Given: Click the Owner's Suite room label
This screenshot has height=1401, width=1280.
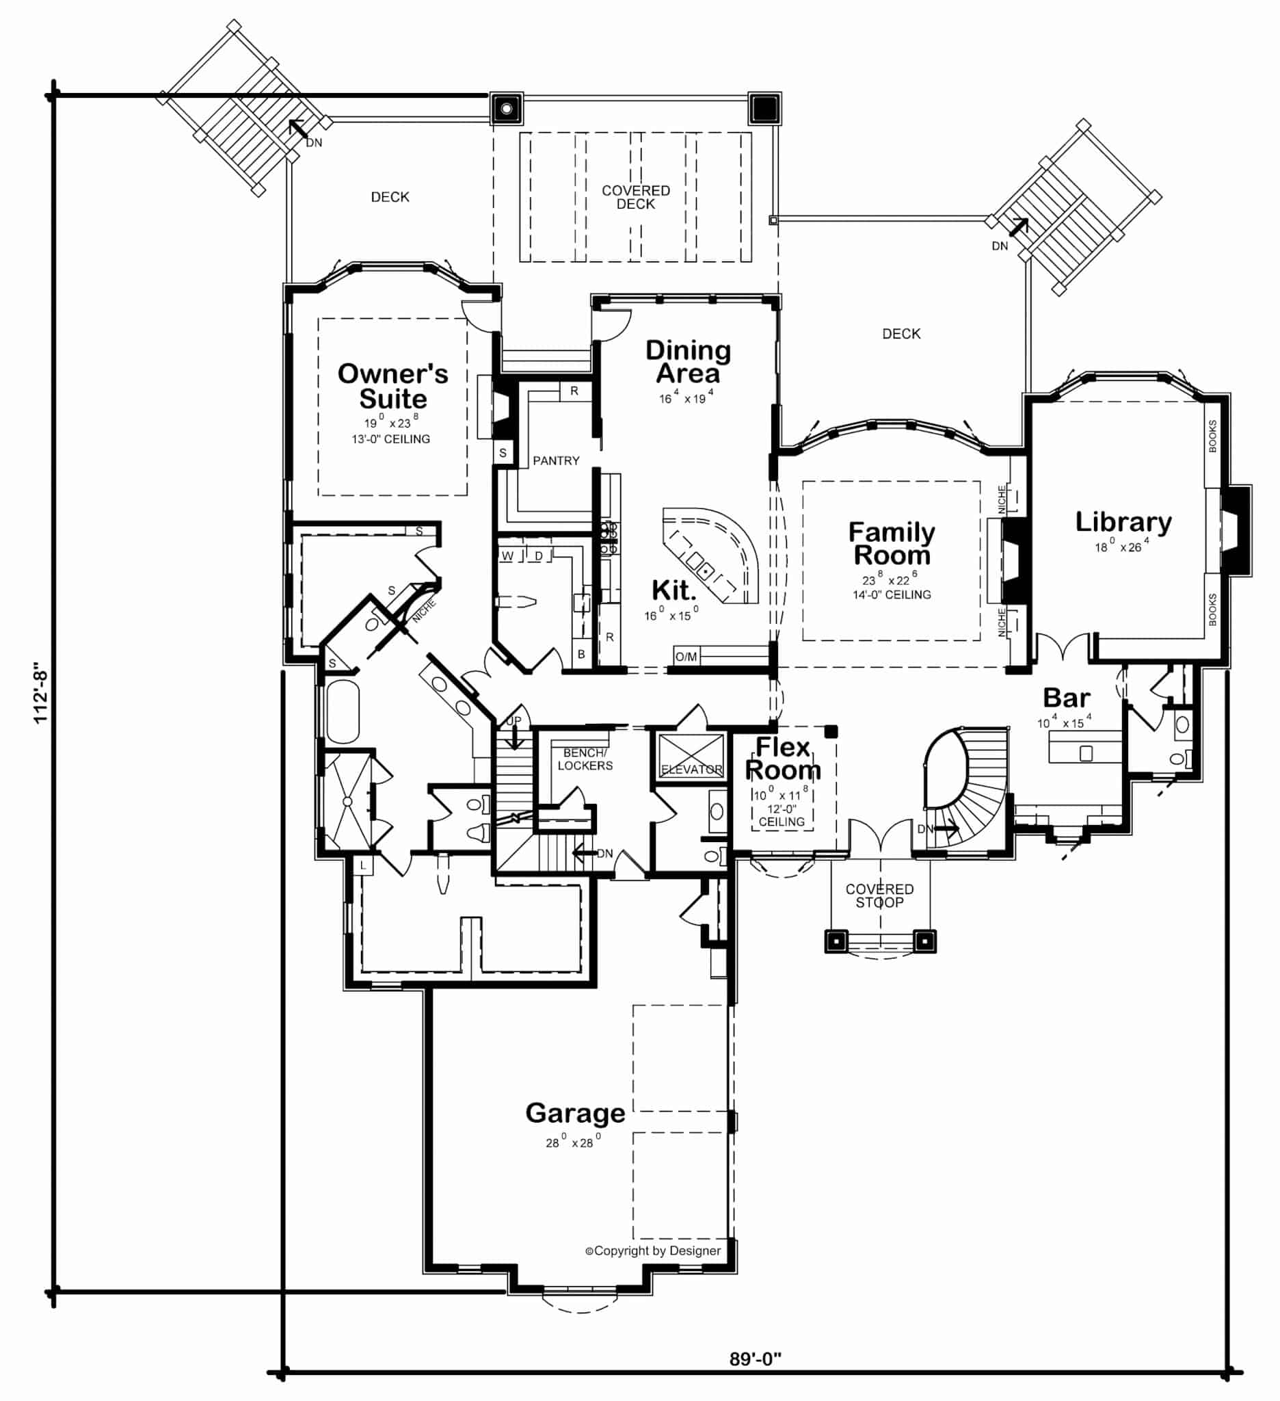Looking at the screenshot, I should click(392, 386).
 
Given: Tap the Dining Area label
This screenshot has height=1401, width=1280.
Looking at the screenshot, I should click(688, 361).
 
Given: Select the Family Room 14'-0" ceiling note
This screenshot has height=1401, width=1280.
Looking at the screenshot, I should click(891, 595).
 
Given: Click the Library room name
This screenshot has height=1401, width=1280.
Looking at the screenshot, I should click(1123, 522).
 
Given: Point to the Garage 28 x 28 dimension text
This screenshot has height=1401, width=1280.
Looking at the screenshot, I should click(573, 1142).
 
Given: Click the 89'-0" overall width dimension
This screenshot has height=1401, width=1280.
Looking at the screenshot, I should click(755, 1359).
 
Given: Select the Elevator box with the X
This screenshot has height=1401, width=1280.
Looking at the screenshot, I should click(691, 755).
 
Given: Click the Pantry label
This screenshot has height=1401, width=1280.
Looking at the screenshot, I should click(556, 461).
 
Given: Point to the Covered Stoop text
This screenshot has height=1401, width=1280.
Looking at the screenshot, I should click(879, 895).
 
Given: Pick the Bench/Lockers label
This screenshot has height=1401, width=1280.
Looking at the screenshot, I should click(585, 759).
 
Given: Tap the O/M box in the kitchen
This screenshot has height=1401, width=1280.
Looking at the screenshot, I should click(686, 657).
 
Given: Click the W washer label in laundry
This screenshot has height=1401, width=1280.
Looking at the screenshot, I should click(508, 556).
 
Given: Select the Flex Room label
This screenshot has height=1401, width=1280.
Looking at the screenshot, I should click(783, 759).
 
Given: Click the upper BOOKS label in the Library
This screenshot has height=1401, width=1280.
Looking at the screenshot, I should click(1212, 436).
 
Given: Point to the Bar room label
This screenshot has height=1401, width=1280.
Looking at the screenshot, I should click(1066, 698).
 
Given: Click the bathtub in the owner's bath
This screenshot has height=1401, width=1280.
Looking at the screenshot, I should click(343, 712).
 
